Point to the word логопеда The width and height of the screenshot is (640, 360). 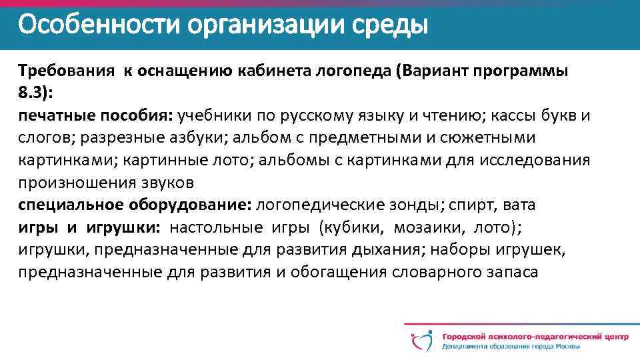[353, 71]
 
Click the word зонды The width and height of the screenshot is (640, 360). [411, 205]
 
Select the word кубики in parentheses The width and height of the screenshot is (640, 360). [353, 227]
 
